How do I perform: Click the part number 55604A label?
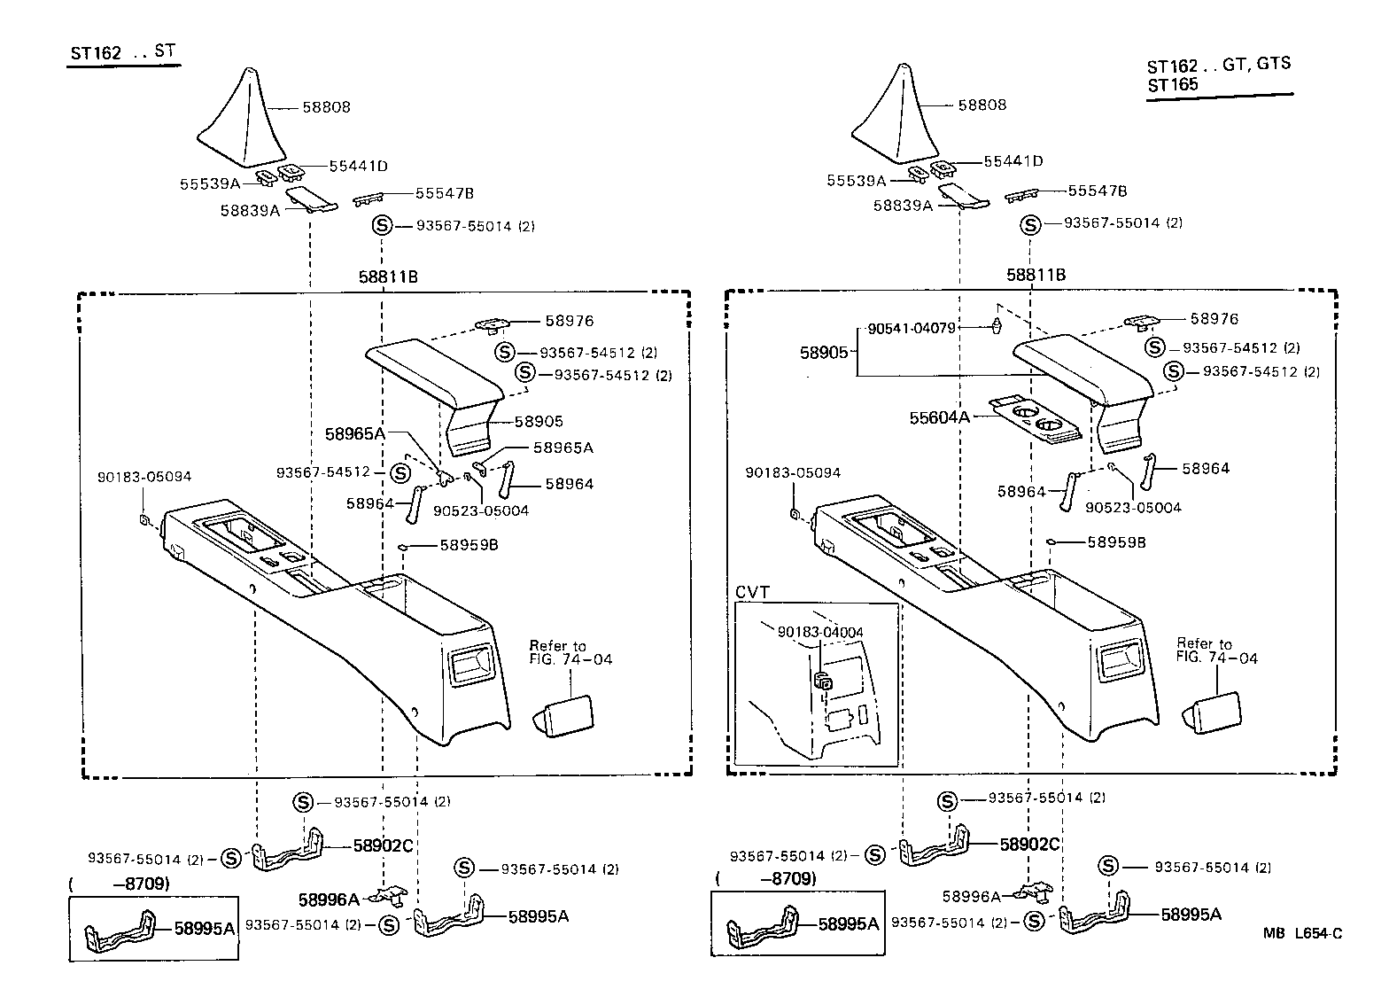(x=939, y=417)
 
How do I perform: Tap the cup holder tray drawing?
(x=1036, y=420)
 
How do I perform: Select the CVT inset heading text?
(x=753, y=592)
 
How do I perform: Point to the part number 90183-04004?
(x=820, y=632)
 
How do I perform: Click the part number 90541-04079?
(x=912, y=328)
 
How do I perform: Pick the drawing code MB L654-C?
(x=1302, y=933)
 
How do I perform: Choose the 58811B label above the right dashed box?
(x=1036, y=275)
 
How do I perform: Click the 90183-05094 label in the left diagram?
(x=144, y=477)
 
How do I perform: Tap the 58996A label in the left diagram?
(x=329, y=899)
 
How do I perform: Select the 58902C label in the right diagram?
(x=1029, y=844)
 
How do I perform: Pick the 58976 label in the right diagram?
(x=1214, y=318)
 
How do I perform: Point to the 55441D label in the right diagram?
(x=1013, y=161)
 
